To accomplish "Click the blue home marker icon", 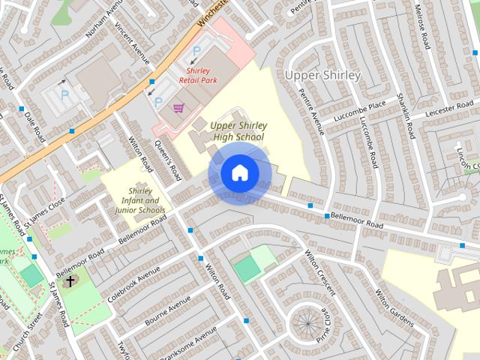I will tap(239, 173).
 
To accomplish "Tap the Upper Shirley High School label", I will tap(237, 131).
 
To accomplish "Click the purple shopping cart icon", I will tap(178, 108).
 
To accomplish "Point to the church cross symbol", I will tap(71, 282).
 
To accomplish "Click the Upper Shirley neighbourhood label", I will tap(323, 76).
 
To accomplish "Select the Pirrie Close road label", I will tap(325, 320).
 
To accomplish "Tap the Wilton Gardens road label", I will tap(394, 308).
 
